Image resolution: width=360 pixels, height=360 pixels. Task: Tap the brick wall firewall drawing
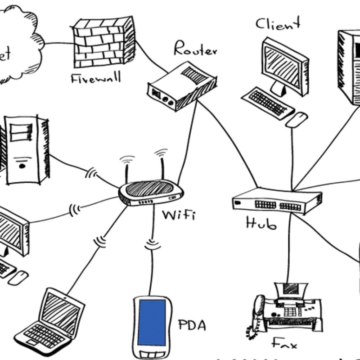click(104, 42)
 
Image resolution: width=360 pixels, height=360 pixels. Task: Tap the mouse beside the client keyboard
click(297, 119)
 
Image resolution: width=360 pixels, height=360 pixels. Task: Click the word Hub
click(261, 222)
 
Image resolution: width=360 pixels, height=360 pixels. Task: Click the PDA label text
click(192, 325)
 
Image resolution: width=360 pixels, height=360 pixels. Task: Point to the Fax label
click(284, 344)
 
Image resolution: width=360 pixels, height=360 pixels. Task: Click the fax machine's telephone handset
click(258, 310)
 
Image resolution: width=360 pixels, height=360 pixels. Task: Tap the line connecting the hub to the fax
click(289, 247)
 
